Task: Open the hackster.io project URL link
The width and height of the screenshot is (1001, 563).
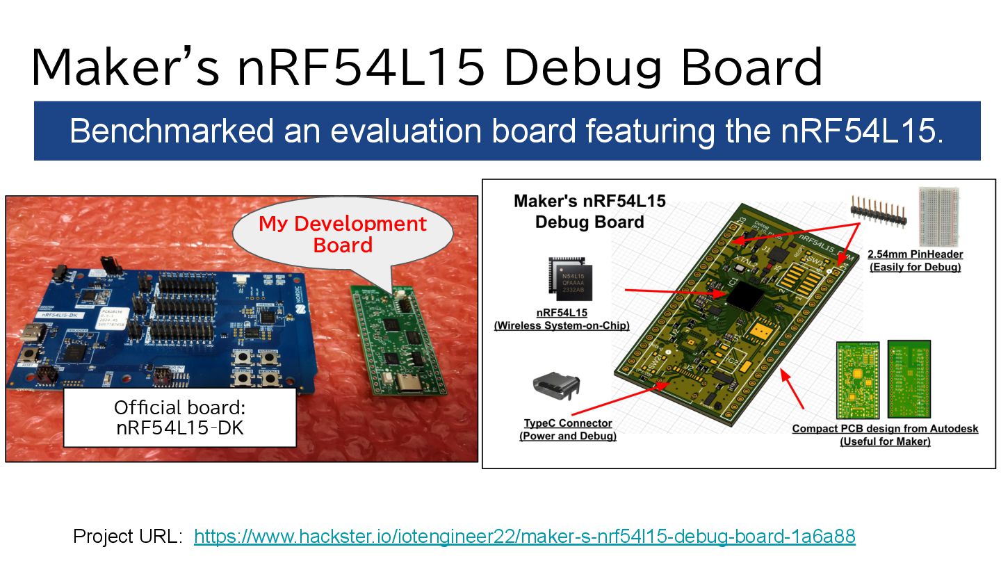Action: pos(524,537)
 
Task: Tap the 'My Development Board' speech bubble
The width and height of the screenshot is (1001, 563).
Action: pos(342,234)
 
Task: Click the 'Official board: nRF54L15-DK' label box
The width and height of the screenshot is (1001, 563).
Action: pos(179,417)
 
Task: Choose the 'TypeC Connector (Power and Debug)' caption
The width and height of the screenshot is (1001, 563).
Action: pos(567,430)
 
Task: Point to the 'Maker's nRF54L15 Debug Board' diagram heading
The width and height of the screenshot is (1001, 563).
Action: pos(589,211)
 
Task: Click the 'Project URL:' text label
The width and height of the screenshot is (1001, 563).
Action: pos(127,537)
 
